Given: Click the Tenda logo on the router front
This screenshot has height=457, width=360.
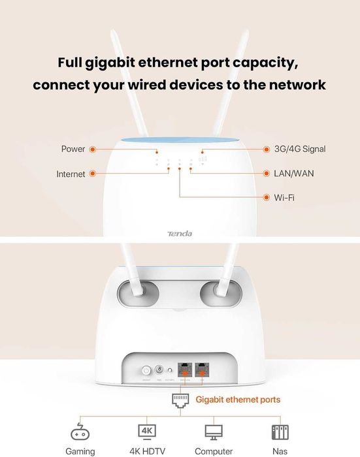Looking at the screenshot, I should point(180,233).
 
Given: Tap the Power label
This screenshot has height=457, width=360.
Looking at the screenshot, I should point(73,149).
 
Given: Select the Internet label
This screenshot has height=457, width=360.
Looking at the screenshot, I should point(71,174).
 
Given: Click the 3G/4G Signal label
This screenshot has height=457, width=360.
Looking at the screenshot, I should point(301,149).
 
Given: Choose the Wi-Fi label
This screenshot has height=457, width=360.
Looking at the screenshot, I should point(284,197).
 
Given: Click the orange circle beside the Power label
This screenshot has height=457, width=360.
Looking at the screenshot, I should point(92,149).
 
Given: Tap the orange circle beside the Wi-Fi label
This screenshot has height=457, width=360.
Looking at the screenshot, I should point(267,197).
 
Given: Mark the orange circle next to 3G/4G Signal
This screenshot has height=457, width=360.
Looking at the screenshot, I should point(267,149).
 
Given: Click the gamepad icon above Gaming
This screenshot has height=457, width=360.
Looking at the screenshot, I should point(80,432).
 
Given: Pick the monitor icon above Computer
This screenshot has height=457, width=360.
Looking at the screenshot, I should point(214,432).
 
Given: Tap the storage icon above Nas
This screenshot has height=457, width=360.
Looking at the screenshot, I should point(280,432).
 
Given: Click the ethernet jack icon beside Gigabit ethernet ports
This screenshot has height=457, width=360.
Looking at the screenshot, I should point(180,400).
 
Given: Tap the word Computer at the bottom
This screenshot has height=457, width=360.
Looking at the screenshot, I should point(214,451).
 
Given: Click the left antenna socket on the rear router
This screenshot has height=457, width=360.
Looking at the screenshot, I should point(139,292).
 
